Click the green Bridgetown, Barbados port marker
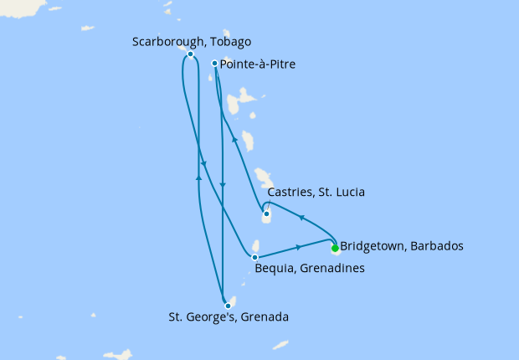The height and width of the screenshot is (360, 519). point(335,248)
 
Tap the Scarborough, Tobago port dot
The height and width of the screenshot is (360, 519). point(191,54)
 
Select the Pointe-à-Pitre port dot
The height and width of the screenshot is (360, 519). point(215,63)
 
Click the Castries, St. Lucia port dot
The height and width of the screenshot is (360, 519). point(266,213)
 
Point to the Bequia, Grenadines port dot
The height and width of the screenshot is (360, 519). point(254,257)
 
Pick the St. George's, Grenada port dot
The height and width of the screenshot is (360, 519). point(228,306)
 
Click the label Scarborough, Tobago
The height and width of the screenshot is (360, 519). point(192,41)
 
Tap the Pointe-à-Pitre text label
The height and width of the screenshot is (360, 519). point(258,64)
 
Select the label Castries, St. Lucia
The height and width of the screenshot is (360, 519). point(316,193)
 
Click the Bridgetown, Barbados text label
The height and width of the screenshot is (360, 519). point(402,247)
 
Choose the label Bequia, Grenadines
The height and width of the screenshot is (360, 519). point(309,269)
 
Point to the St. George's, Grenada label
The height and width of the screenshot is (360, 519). point(229,317)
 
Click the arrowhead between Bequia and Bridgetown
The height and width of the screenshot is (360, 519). point(299,247)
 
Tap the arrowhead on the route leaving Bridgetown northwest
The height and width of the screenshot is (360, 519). point(301,218)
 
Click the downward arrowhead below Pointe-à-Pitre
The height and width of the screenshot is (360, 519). point(222,185)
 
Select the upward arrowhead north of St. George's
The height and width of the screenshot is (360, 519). point(198,177)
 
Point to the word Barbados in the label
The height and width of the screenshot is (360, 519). point(435,247)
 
